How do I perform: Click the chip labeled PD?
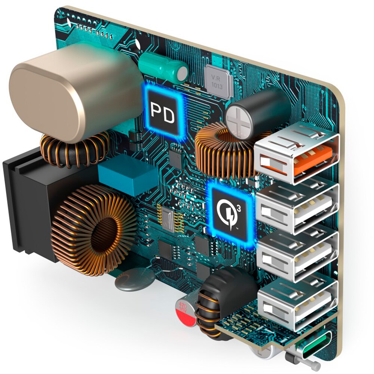tap(163, 111)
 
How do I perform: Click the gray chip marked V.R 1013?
tap(218, 82)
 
